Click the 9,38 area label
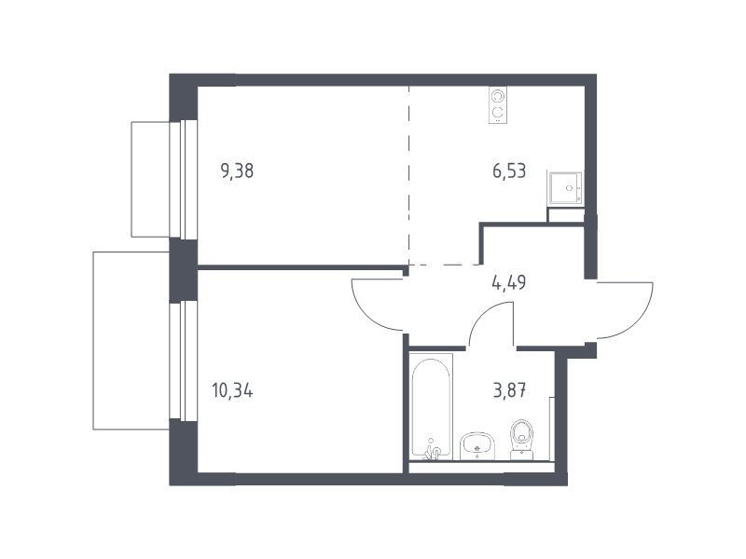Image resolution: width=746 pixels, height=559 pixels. click(237, 170)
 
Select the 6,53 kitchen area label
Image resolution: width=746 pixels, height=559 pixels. click(509, 170)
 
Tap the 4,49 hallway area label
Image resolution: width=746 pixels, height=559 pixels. click(508, 283)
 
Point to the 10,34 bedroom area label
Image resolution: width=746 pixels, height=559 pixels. click(232, 391)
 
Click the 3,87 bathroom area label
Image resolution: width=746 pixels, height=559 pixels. click(509, 391)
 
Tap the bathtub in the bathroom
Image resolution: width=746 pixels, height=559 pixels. click(431, 407)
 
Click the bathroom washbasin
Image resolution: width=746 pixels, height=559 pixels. click(477, 446)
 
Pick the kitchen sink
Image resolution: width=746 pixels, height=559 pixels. click(566, 188)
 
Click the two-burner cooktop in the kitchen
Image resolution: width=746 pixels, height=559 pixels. click(498, 105)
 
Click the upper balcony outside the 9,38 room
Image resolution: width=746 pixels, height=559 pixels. click(150, 179)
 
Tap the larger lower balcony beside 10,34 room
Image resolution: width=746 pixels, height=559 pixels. click(131, 341)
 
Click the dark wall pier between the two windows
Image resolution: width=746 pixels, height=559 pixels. click(183, 270)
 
